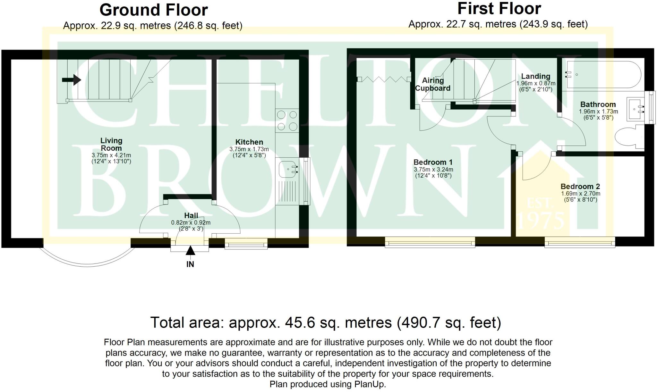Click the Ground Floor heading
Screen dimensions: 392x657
click(154, 10)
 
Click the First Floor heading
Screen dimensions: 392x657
click(499, 9)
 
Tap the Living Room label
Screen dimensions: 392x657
click(111, 144)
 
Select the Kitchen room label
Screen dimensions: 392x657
click(249, 142)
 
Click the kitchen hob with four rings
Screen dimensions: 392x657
click(287, 121)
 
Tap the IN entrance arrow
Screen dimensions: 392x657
click(190, 251)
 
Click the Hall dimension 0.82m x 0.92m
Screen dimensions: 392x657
click(191, 222)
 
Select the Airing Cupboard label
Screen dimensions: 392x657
click(433, 84)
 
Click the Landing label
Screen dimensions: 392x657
click(535, 76)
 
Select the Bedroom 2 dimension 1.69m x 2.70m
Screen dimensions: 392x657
click(580, 194)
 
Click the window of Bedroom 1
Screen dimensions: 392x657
click(430, 242)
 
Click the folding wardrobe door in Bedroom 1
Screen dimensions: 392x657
click(384, 79)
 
